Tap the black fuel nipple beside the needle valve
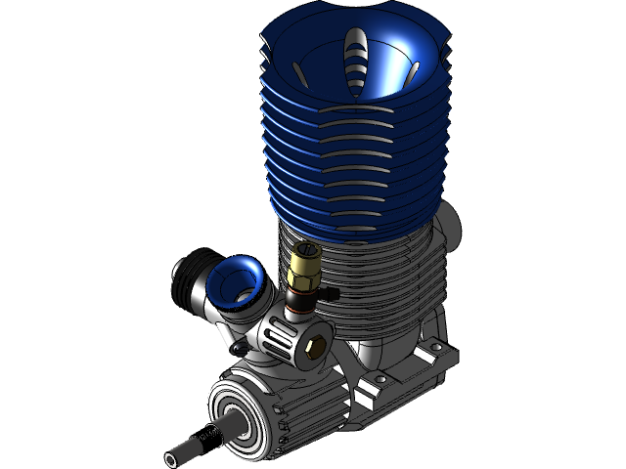click(331, 293)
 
